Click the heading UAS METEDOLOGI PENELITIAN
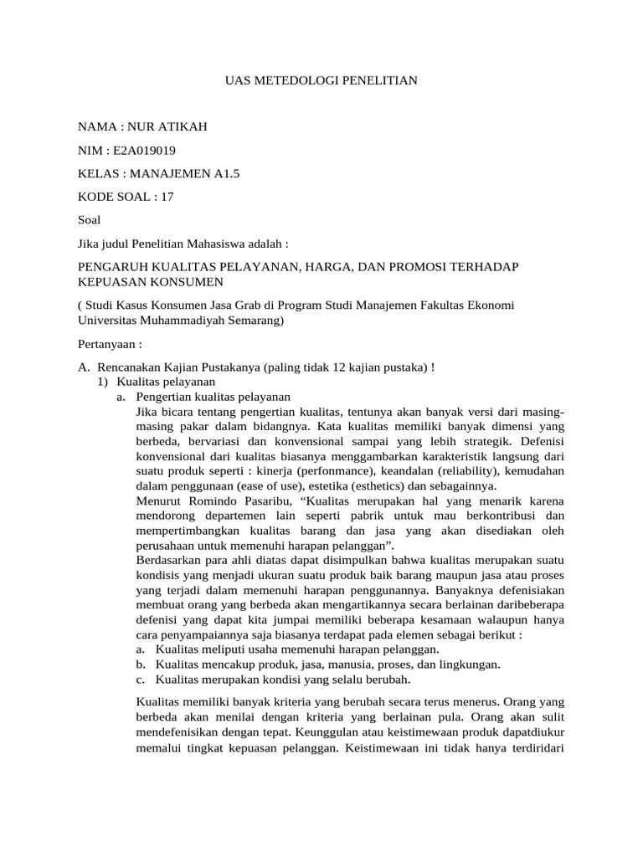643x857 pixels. (x=321, y=80)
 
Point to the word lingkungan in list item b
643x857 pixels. (x=469, y=665)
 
